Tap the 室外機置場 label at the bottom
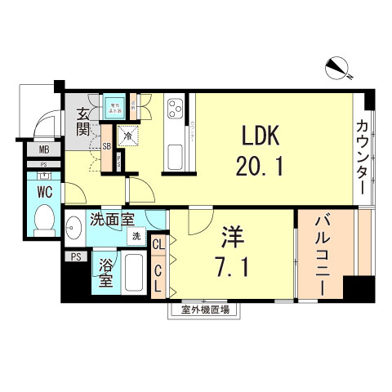pyautogui.click(x=198, y=310)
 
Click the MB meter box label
pyautogui.click(x=43, y=149)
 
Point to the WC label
pyautogui.click(x=45, y=190)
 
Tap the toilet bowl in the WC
pyautogui.click(x=44, y=219)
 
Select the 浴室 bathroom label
pyautogui.click(x=105, y=274)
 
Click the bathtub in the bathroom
pyautogui.click(x=134, y=275)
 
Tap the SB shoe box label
pyautogui.click(x=107, y=147)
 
